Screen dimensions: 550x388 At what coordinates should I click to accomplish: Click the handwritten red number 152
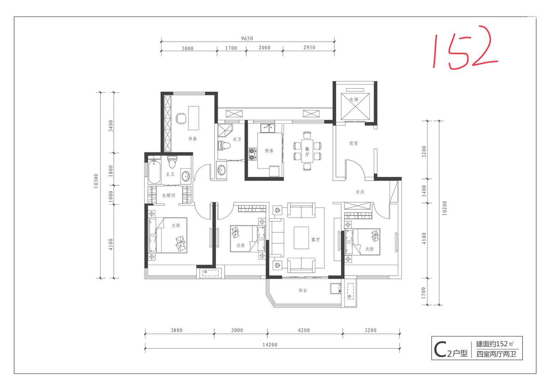point(465,48)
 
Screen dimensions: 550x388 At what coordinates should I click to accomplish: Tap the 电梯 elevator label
point(354,99)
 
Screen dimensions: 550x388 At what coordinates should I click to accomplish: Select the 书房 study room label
point(193,139)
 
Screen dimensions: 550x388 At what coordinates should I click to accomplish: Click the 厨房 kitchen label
point(269,151)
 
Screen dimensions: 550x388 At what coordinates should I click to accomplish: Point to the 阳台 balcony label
point(302,290)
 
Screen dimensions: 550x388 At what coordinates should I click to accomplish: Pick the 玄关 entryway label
point(360,192)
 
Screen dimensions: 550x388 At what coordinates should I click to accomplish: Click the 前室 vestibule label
point(353,143)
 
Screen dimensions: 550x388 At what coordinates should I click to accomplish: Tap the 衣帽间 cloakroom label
point(169,195)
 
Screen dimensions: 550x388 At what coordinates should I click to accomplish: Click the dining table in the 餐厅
point(307,151)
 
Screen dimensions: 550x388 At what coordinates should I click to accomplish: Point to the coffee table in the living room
point(301,238)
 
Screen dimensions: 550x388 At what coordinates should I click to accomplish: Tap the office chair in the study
point(181,119)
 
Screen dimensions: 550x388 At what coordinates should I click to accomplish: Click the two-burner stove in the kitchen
point(252,154)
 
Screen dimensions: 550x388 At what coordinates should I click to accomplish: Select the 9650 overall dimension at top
point(247,38)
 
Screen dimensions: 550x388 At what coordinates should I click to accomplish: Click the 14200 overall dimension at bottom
point(270,345)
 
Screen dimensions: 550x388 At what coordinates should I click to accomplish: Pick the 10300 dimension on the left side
point(96,181)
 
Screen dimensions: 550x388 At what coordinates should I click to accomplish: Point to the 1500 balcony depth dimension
point(423,293)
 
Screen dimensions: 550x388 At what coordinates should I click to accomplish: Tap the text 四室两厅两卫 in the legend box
point(496,354)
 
